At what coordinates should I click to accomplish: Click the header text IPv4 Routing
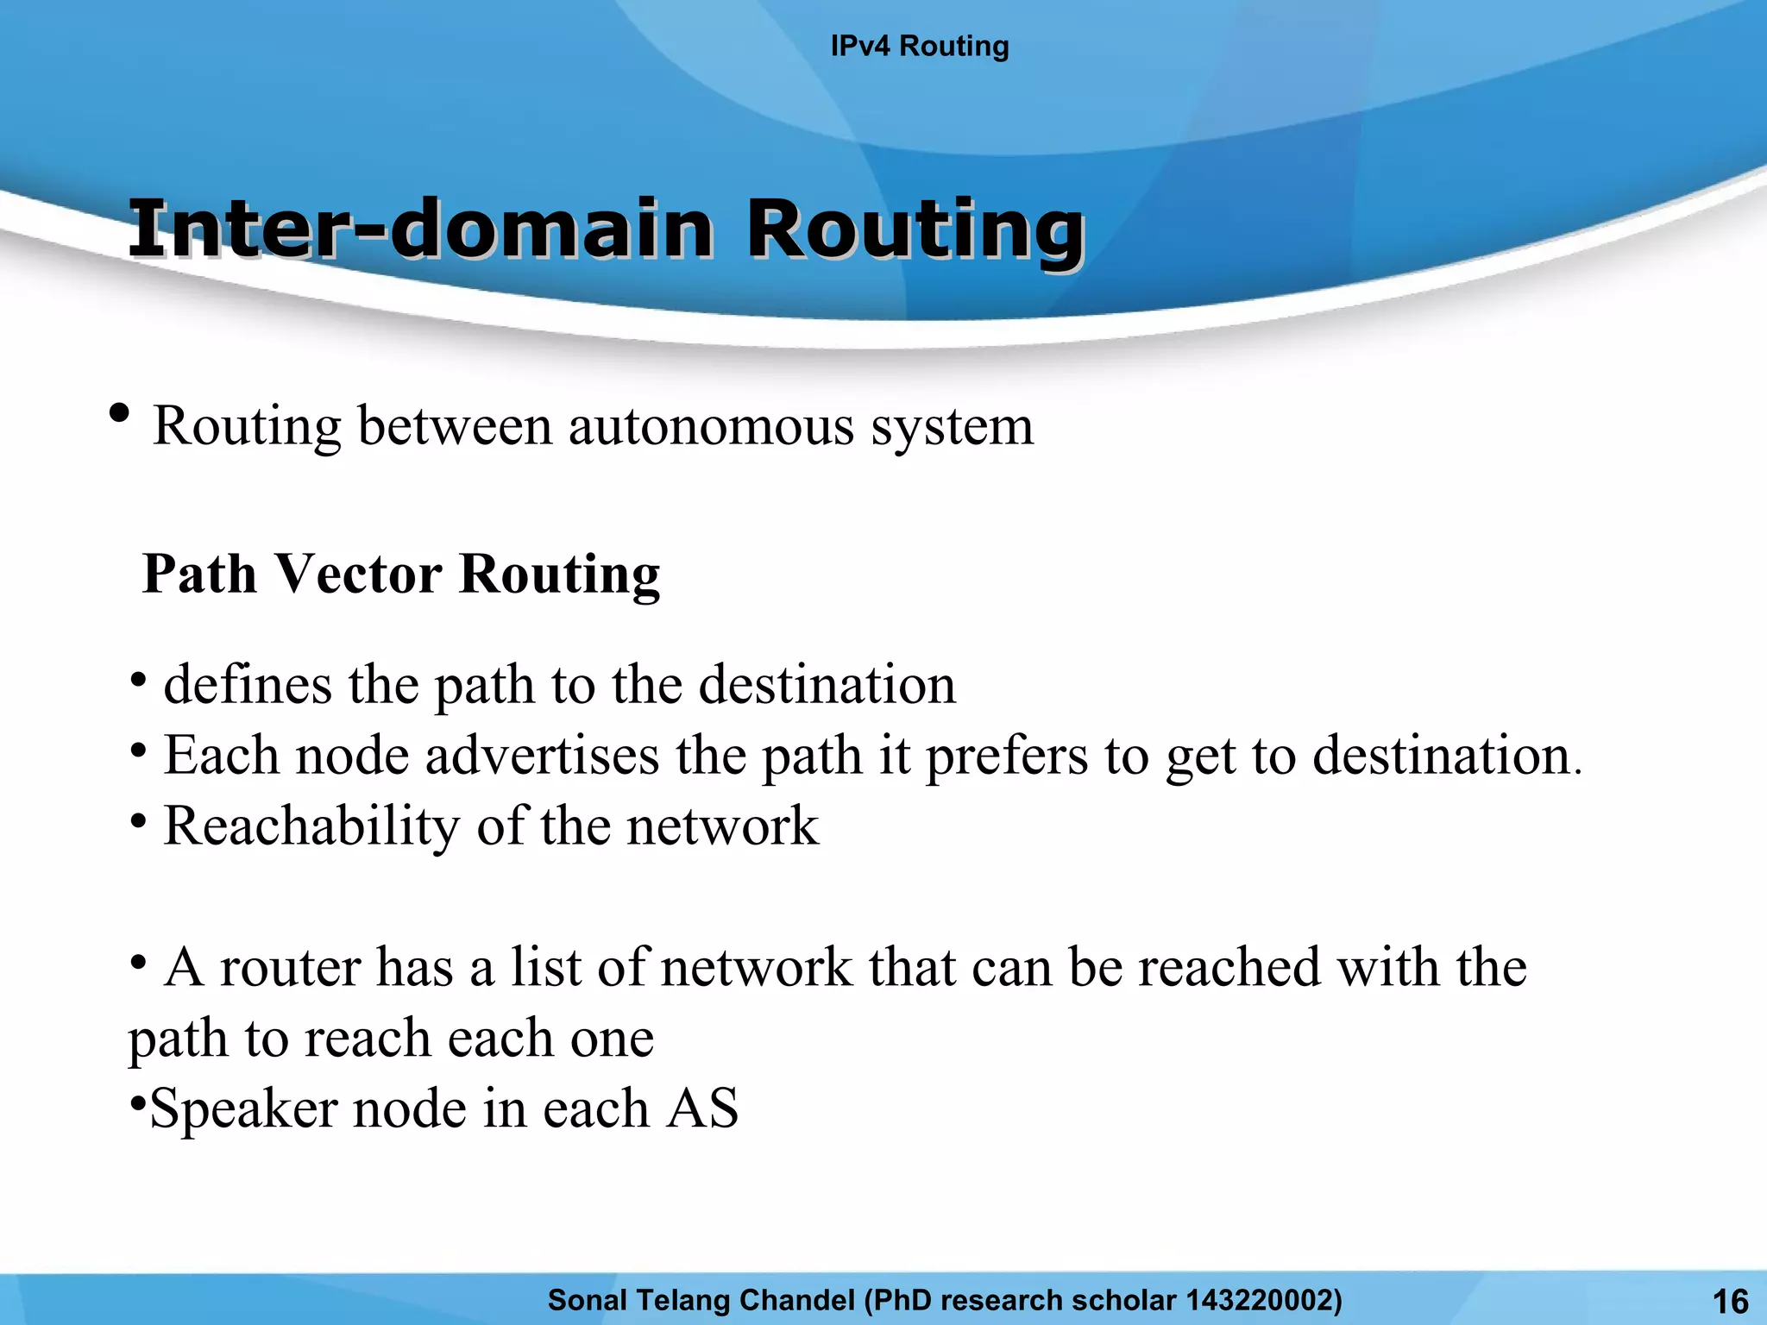click(919, 46)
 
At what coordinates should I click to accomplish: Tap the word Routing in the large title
click(915, 229)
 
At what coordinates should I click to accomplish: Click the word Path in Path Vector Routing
click(199, 574)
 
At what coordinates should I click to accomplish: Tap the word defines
click(248, 685)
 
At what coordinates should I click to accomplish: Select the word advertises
click(542, 756)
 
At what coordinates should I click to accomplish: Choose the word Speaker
click(242, 1109)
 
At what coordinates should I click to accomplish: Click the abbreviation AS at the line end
click(703, 1108)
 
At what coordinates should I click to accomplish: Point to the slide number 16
click(1729, 1301)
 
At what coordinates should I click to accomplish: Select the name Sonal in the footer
click(584, 1299)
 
